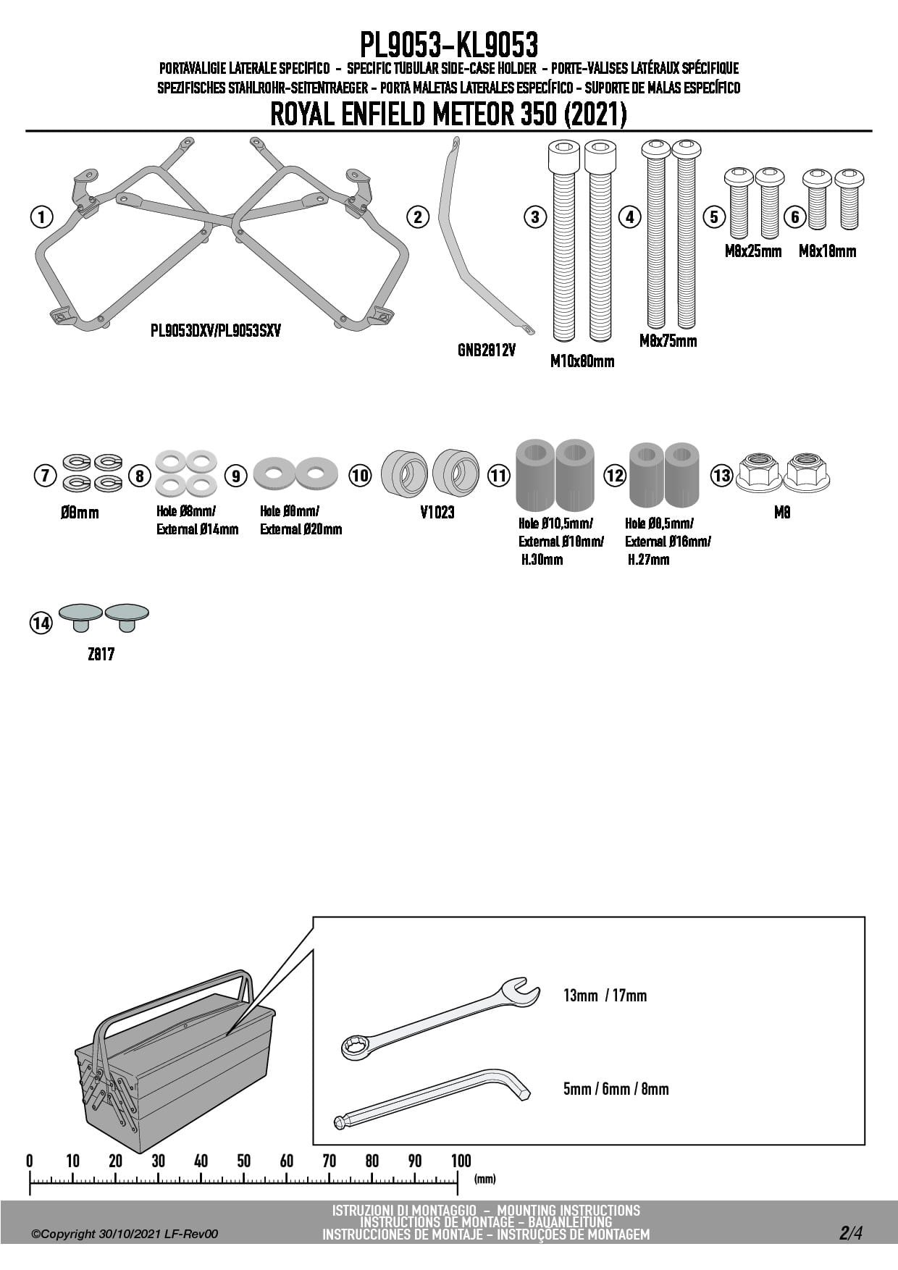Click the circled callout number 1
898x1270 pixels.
42,216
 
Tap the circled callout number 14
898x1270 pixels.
41,623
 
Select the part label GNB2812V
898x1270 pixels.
487,351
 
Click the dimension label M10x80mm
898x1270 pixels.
582,361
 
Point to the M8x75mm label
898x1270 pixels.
668,340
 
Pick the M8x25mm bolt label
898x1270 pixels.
753,251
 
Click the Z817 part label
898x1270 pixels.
101,655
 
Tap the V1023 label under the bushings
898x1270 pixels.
437,512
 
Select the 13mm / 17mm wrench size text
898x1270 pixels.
605,996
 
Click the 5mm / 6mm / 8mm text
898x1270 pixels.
616,1089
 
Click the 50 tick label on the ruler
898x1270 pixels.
244,1161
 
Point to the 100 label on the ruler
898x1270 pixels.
461,1161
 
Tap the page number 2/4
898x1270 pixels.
851,1232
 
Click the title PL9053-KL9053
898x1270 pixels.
449,45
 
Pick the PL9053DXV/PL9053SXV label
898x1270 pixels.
216,331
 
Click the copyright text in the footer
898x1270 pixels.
125,1234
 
